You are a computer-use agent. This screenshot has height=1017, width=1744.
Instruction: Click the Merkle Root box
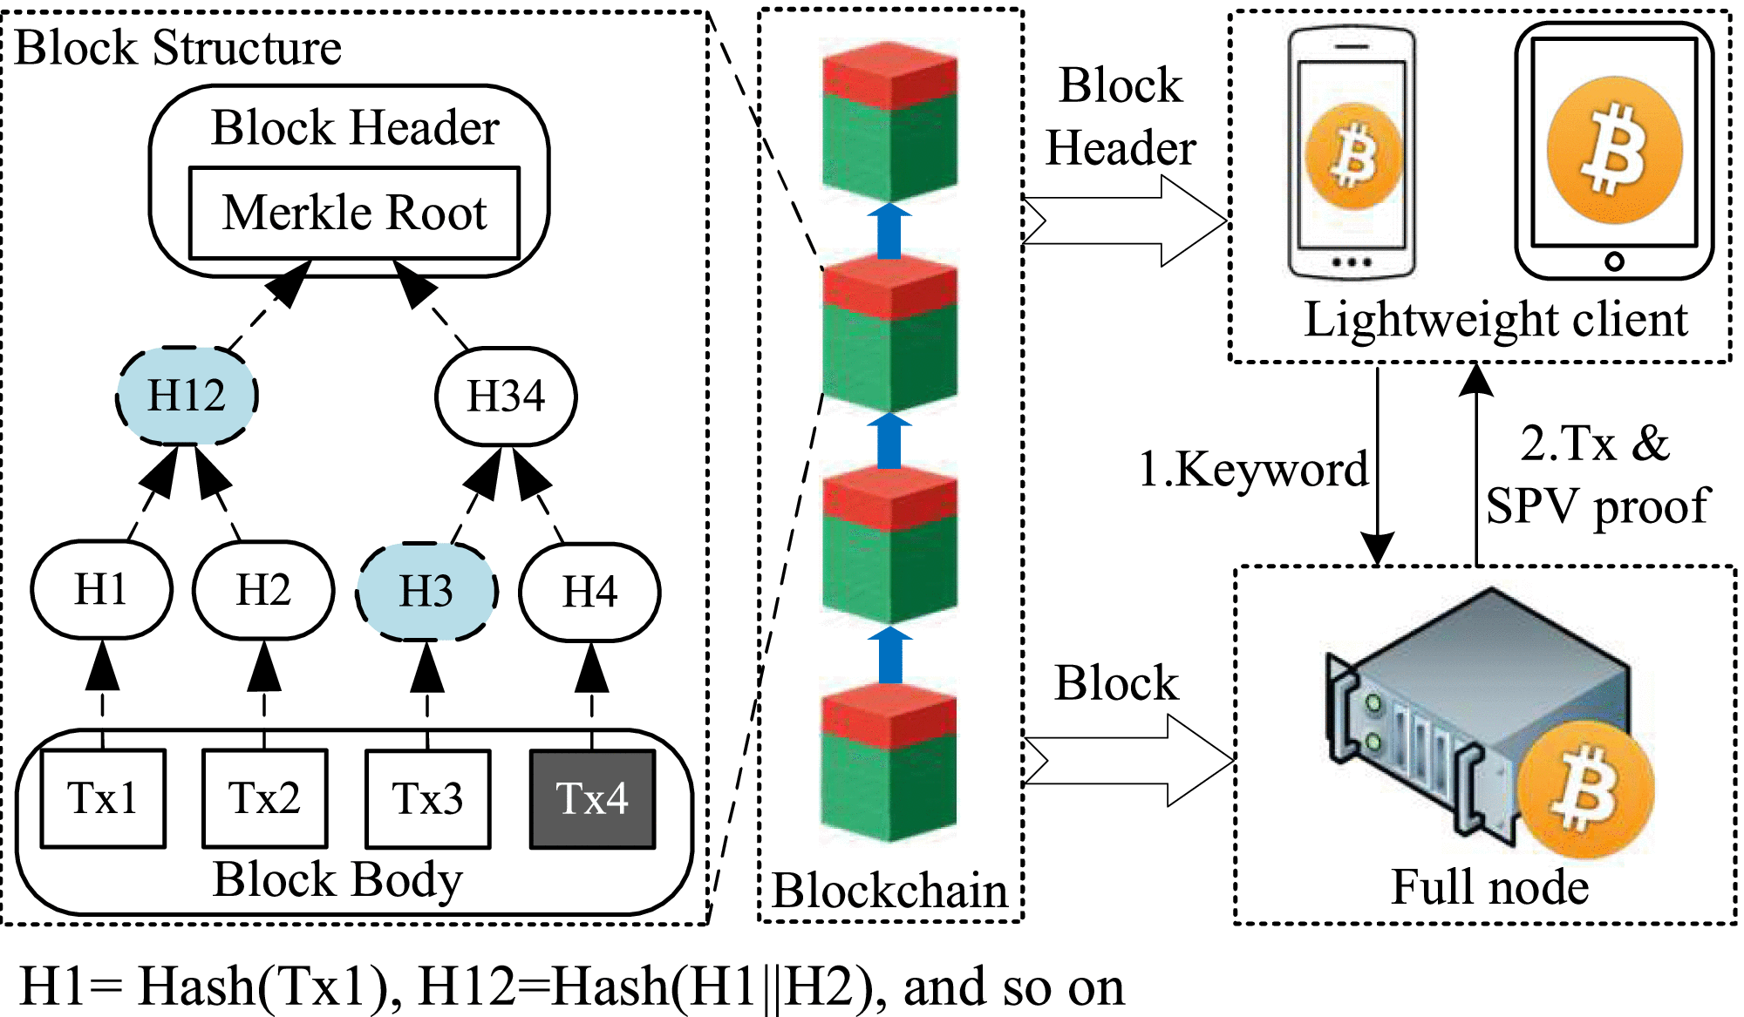point(354,214)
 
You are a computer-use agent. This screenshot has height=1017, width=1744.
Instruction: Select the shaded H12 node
point(187,396)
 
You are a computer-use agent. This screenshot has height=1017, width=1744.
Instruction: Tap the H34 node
point(506,397)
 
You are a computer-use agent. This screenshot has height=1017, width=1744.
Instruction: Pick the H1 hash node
point(101,590)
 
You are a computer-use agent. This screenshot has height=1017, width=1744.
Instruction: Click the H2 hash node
point(263,590)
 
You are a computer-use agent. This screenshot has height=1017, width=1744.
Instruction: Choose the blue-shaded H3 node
point(426,592)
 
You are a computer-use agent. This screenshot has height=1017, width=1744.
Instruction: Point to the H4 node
point(589,593)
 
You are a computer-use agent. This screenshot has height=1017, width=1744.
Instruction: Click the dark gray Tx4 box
point(592,798)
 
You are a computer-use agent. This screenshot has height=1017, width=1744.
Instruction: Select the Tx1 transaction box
point(103,798)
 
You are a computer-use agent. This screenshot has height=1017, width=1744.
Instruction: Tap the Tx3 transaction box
point(427,798)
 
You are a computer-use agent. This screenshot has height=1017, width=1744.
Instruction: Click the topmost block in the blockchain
point(889,122)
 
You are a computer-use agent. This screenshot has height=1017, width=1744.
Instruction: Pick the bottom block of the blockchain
point(889,763)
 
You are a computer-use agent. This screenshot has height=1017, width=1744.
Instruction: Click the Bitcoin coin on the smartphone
point(1352,157)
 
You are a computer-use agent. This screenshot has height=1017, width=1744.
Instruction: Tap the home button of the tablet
point(1614,261)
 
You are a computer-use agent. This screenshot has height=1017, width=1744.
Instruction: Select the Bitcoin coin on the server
point(1584,790)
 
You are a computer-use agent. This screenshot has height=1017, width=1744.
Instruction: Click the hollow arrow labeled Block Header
point(1125,221)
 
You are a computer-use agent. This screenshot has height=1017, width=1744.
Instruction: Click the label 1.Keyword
point(1253,471)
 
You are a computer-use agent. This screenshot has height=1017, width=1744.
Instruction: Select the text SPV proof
point(1598,505)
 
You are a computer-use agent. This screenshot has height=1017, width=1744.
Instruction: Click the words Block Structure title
point(179,48)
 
